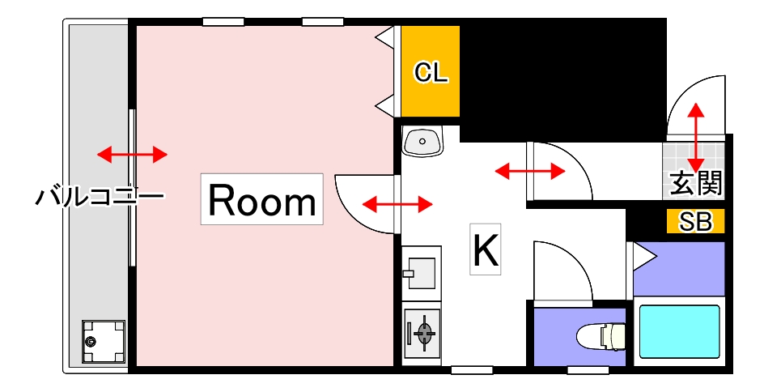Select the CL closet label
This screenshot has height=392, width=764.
tap(431, 73)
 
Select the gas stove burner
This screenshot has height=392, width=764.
tap(423, 331)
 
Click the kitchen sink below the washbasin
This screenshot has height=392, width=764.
tap(421, 271)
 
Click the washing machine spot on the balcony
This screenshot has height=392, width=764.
tap(104, 341)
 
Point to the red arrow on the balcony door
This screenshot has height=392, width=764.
tap(132, 154)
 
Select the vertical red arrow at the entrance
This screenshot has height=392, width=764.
tap(695, 134)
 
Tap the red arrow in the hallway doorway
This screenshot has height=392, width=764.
tap(530, 171)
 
